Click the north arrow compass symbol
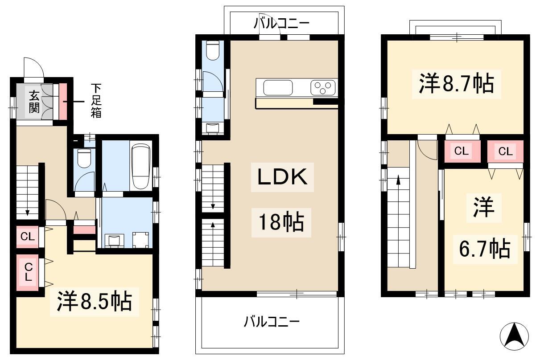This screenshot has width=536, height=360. [x=514, y=337]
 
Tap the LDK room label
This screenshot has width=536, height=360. [x=282, y=176]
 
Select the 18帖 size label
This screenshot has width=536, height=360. [x=281, y=222]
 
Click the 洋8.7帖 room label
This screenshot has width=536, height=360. [x=457, y=84]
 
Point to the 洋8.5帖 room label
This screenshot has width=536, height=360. [x=95, y=301]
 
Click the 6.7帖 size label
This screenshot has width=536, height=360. [x=485, y=249]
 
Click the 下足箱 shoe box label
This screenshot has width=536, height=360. [x=96, y=101]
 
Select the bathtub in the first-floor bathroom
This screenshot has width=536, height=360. [x=141, y=166]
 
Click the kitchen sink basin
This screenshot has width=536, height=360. [x=278, y=88]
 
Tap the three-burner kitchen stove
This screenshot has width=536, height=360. [x=322, y=88]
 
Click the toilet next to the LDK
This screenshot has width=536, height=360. [x=213, y=50]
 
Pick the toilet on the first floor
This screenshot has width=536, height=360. [x=84, y=158]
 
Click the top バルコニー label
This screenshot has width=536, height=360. [x=281, y=24]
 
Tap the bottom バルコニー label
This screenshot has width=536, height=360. [x=272, y=322]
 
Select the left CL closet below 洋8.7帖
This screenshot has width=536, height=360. [x=461, y=151]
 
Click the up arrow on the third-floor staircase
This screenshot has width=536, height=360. [x=398, y=180]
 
